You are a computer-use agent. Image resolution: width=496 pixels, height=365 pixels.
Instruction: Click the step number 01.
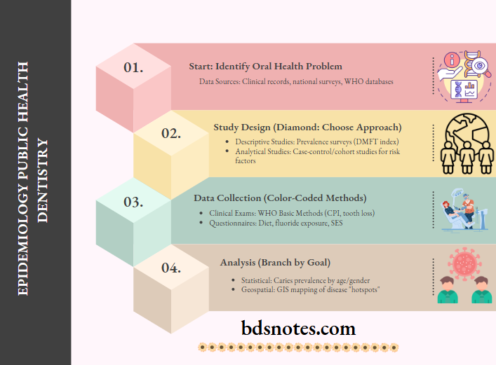coord(133,68)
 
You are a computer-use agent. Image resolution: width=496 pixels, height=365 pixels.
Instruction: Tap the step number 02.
coord(171,133)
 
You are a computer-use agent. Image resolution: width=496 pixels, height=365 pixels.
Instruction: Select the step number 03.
coord(133,202)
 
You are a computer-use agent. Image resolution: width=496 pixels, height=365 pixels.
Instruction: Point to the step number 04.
coord(171,268)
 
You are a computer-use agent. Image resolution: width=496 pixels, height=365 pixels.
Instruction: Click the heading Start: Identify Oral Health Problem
coord(265,67)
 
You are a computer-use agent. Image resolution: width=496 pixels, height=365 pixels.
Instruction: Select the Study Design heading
coord(307,128)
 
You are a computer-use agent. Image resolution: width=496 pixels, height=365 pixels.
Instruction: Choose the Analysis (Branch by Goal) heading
coord(275,263)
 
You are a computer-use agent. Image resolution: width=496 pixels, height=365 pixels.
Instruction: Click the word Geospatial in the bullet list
coord(250,289)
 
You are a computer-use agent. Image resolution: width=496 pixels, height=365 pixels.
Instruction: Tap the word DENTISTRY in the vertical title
coord(43,180)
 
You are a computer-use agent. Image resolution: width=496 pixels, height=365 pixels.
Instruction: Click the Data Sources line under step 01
coord(295,82)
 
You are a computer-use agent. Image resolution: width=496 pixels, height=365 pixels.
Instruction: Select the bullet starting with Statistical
coord(300,280)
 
